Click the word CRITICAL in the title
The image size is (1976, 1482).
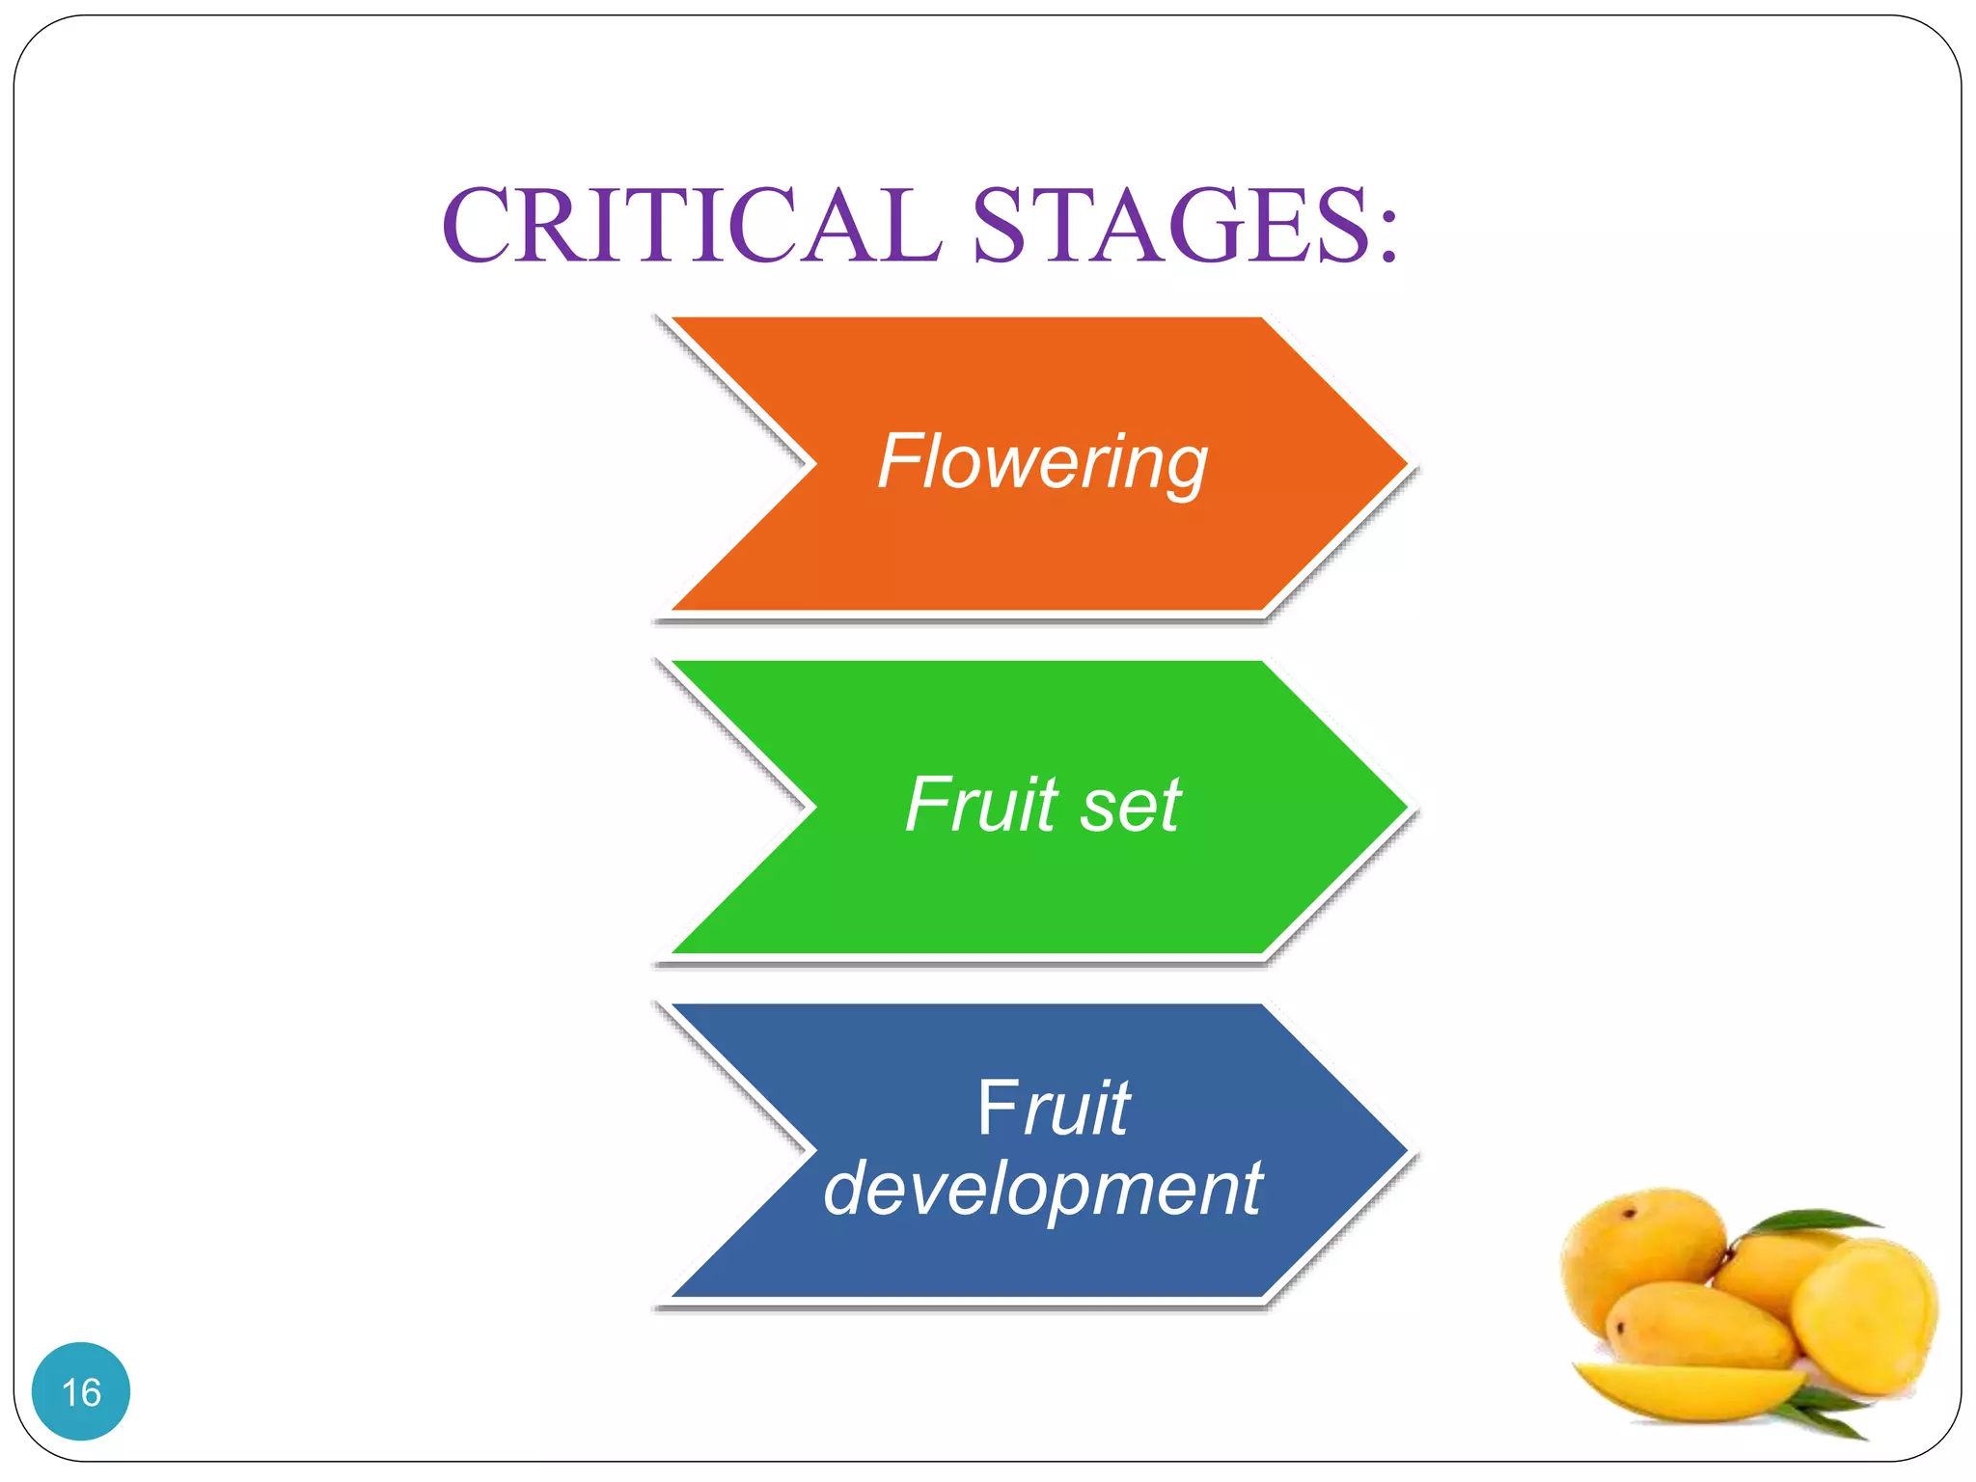691,226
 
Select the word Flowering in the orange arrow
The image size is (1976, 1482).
1042,463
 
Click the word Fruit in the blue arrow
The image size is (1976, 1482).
1054,1110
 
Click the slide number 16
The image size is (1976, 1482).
81,1392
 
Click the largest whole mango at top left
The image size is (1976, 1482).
1640,1254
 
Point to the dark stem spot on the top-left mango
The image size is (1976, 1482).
1630,1213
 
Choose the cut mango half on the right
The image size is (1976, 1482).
1867,1317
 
